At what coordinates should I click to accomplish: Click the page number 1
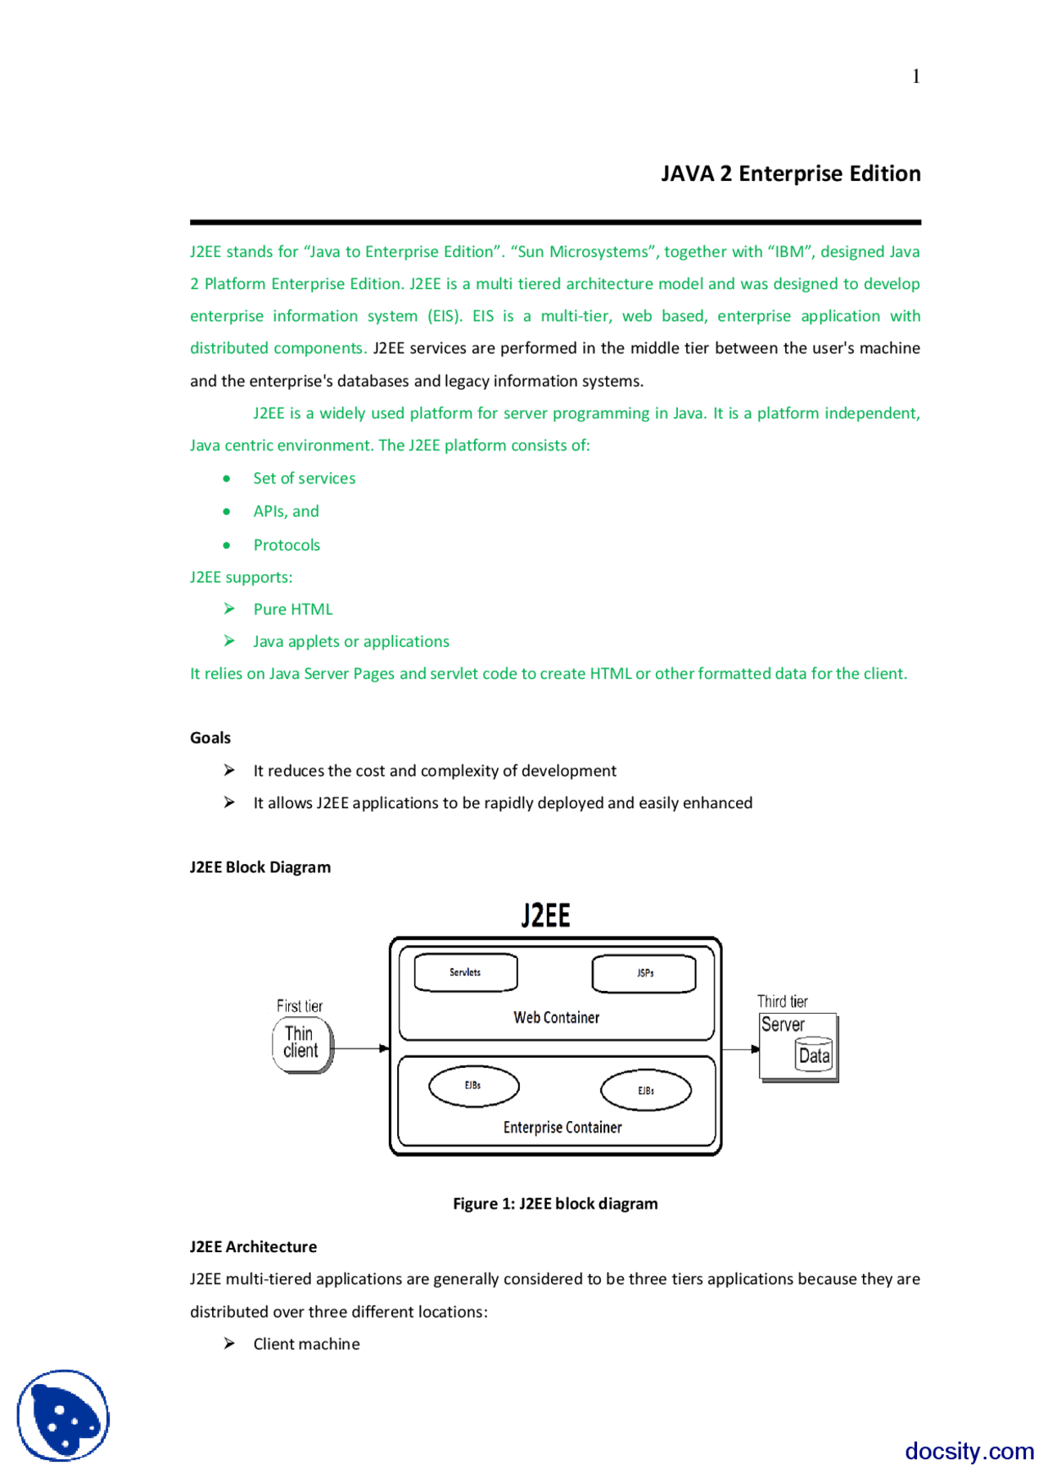click(915, 76)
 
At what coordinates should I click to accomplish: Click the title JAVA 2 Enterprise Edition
click(790, 174)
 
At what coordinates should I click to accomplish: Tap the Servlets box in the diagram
click(465, 972)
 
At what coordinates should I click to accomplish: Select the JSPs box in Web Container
click(644, 973)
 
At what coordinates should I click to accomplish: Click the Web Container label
click(556, 1017)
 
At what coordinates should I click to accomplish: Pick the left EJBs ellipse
click(473, 1086)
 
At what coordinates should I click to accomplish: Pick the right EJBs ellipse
click(645, 1091)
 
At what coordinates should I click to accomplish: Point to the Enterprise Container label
click(562, 1128)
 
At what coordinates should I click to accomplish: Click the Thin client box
click(300, 1043)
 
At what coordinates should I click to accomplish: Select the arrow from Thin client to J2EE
click(361, 1048)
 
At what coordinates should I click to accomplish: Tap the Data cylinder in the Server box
click(814, 1056)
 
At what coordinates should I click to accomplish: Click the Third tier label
click(782, 1001)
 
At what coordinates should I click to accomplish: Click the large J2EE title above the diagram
click(545, 915)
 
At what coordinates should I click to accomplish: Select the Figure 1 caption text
click(555, 1203)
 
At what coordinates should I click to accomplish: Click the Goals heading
click(210, 738)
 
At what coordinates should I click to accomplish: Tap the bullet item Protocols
click(287, 545)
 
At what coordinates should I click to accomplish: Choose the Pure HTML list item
click(292, 609)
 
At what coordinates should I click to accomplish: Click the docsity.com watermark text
click(969, 1451)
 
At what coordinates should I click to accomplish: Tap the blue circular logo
click(63, 1415)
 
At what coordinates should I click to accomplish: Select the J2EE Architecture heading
click(253, 1246)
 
